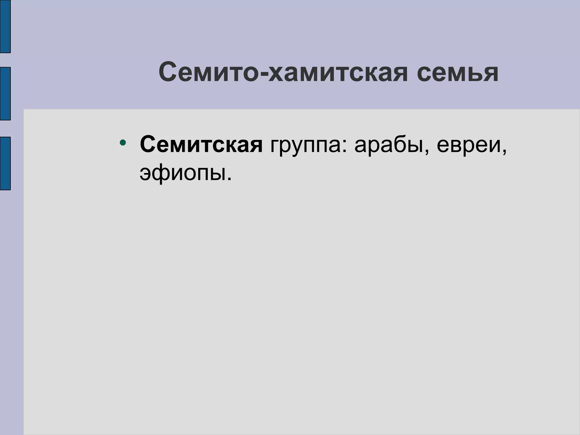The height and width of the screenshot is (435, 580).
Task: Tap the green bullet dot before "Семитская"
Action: [123, 142]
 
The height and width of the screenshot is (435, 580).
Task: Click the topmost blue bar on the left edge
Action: [5, 26]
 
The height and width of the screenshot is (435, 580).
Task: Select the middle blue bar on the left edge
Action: [5, 93]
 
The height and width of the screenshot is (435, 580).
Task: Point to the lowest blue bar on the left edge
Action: [5, 163]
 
